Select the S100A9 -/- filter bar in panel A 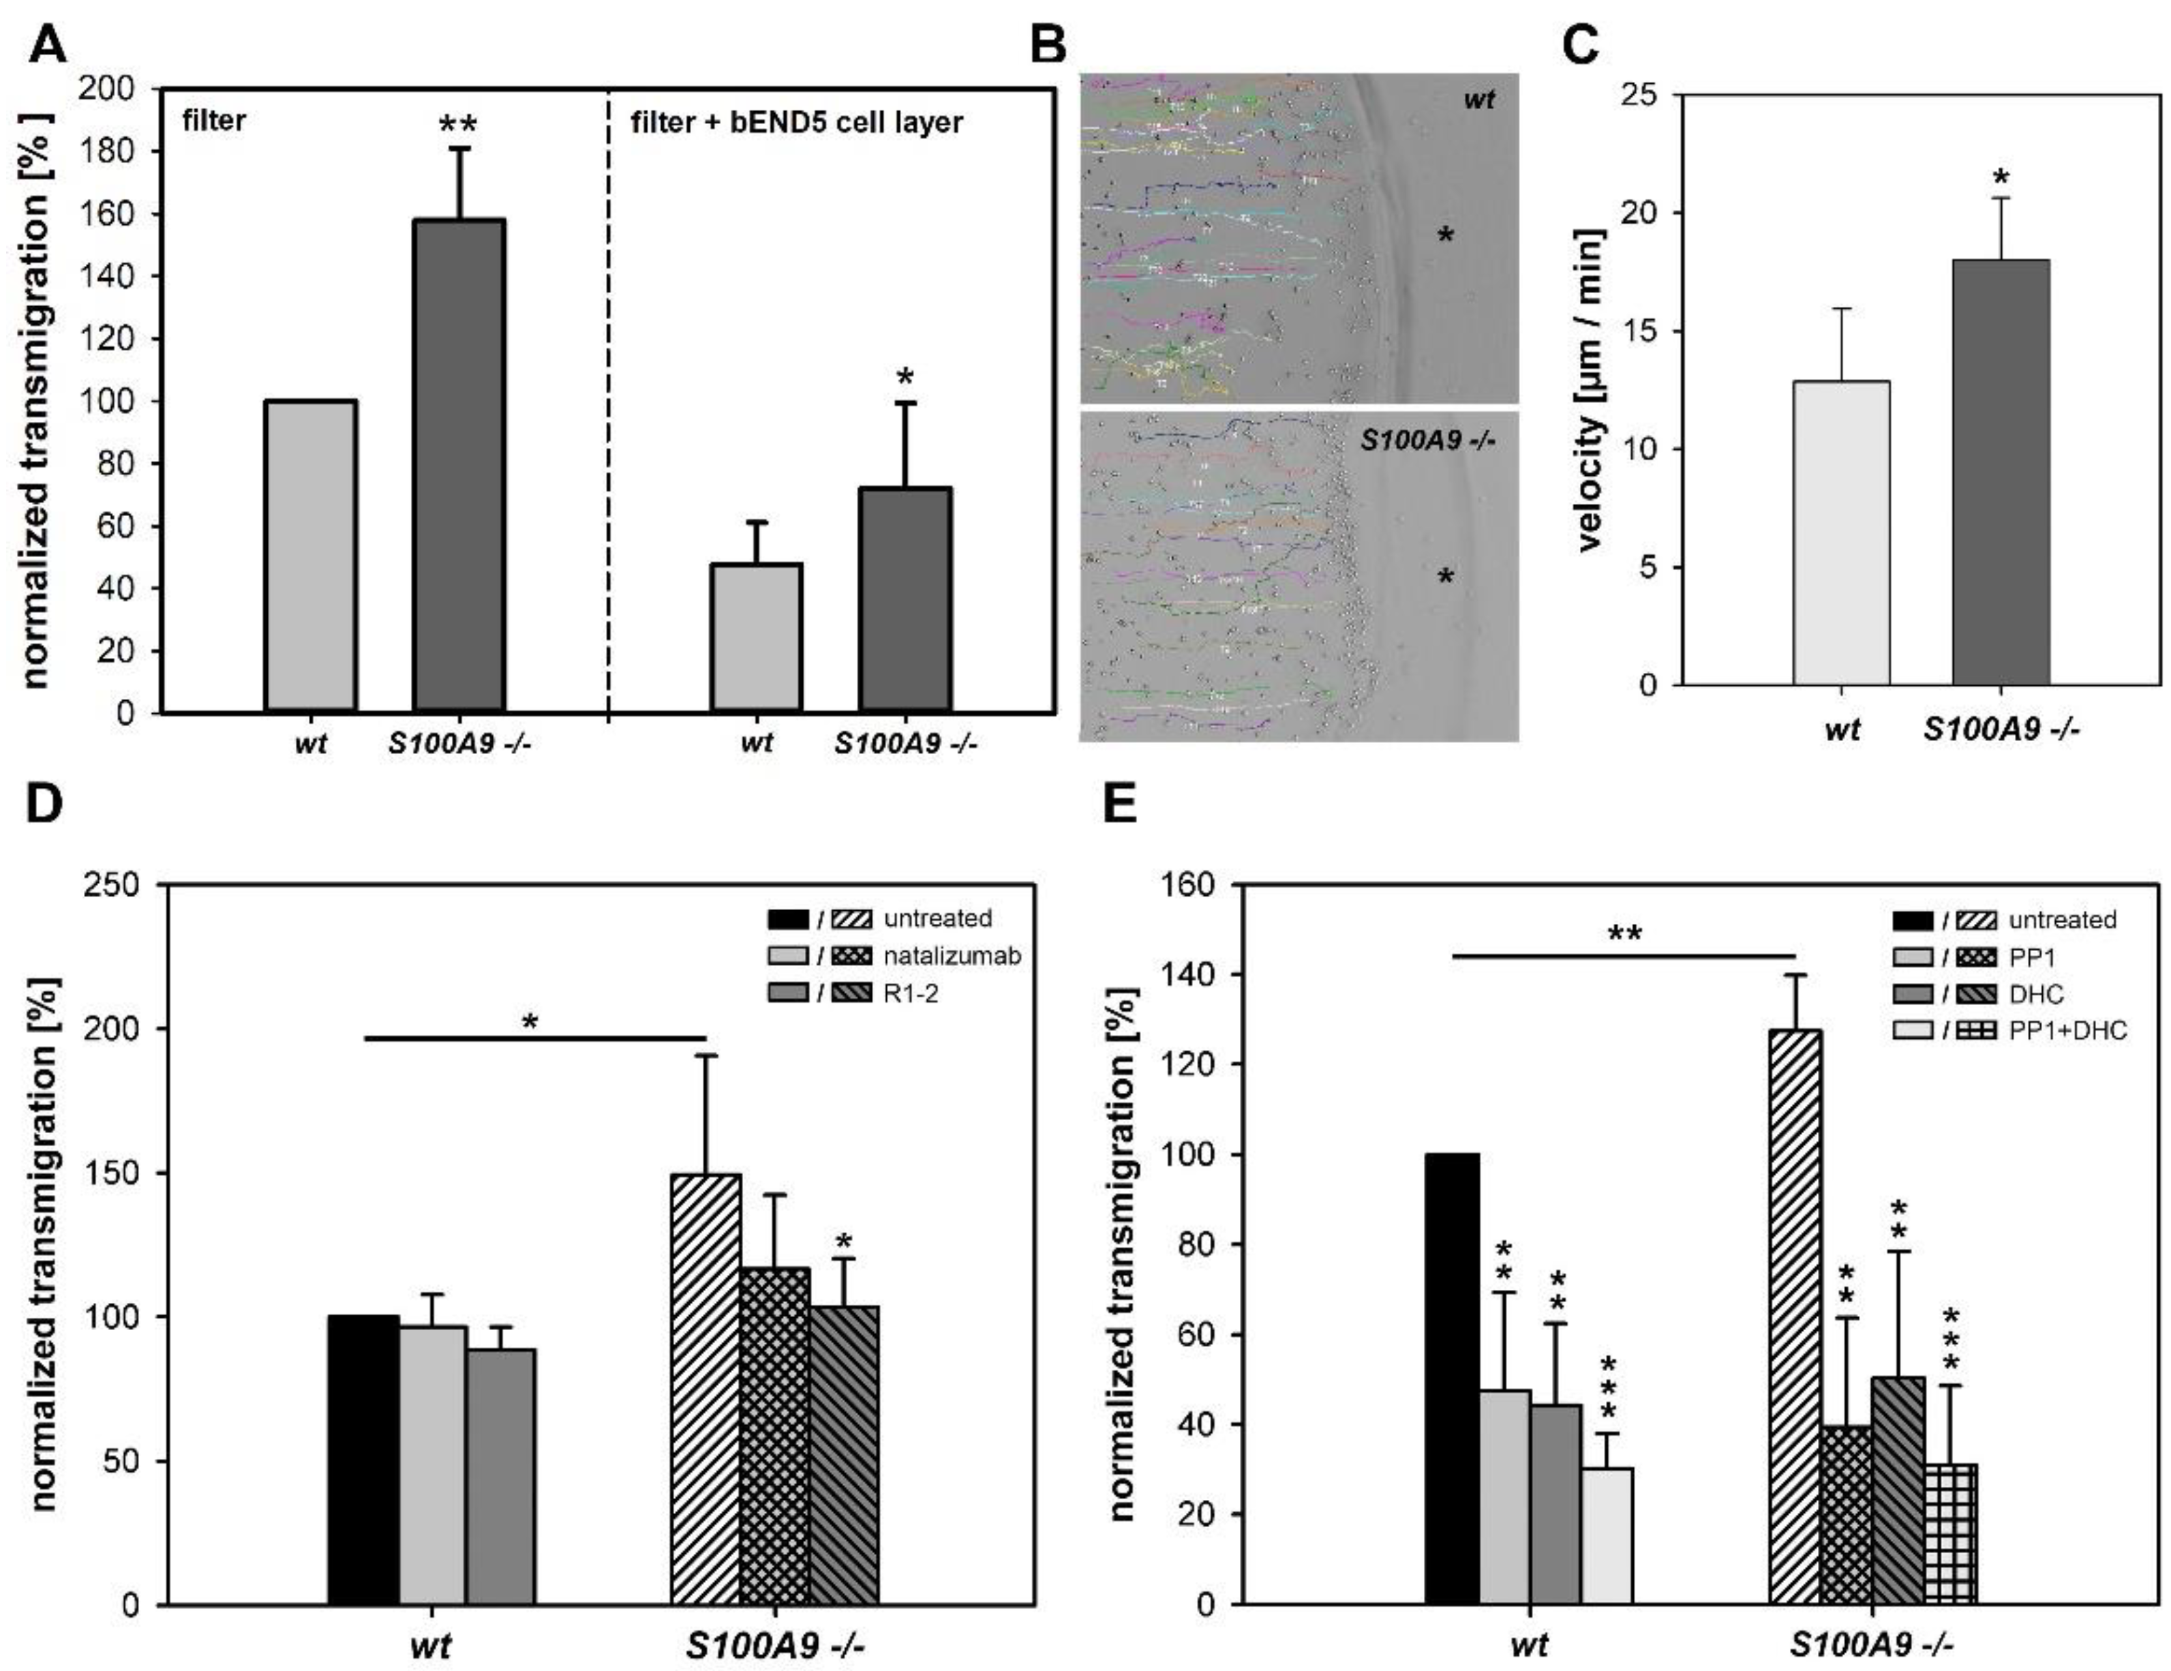coord(459,465)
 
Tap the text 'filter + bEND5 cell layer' coord(796,122)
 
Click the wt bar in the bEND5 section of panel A coord(755,637)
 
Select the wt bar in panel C coord(1841,534)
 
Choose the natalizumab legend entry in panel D coord(952,955)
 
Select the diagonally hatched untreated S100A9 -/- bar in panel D coord(705,1389)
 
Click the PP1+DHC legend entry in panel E coord(2067,1030)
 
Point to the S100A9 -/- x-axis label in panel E coord(1871,1645)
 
